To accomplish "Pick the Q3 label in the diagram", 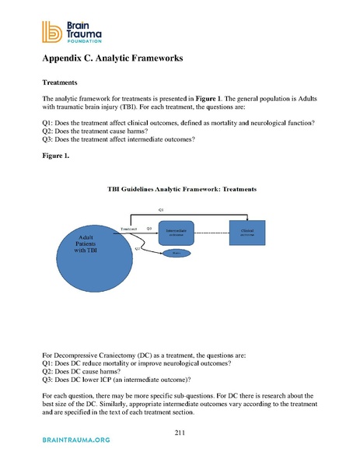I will point(149,229).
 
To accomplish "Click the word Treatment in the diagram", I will point(129,229).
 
